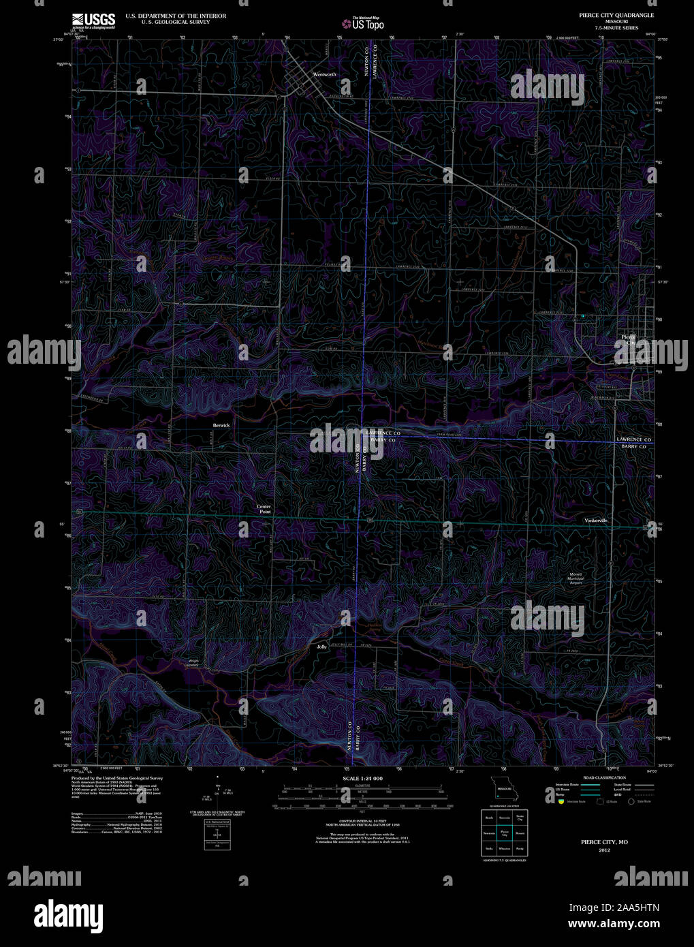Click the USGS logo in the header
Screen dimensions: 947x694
click(94, 20)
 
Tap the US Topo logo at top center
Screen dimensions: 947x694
click(364, 24)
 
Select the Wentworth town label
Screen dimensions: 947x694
click(324, 74)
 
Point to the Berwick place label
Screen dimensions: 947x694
click(221, 425)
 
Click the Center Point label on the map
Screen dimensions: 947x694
click(264, 509)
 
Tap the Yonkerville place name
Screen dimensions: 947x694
click(595, 521)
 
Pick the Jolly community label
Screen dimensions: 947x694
click(321, 647)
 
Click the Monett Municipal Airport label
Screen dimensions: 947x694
click(576, 578)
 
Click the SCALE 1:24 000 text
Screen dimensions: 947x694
click(362, 778)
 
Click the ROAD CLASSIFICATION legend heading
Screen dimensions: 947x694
click(604, 777)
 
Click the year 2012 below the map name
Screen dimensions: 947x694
click(604, 850)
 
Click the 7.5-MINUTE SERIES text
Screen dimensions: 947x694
click(616, 27)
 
